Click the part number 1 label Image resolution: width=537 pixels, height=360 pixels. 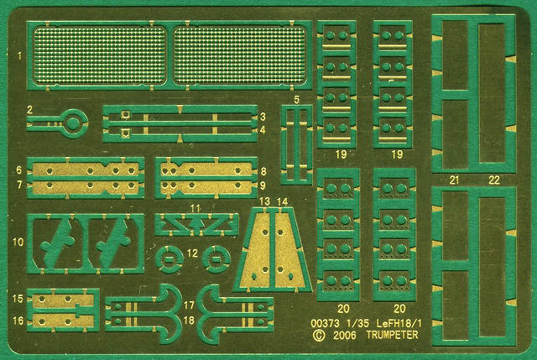(x=19, y=55)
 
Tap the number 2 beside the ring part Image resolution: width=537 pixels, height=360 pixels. (x=30, y=110)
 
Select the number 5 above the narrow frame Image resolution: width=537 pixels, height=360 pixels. (x=296, y=100)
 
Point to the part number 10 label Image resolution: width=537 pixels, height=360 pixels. (x=18, y=243)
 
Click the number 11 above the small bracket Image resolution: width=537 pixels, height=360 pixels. (x=196, y=208)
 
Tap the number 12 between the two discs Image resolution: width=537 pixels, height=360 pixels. (x=192, y=253)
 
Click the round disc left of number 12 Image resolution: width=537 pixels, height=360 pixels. (x=169, y=259)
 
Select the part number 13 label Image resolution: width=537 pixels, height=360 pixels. (x=264, y=201)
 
